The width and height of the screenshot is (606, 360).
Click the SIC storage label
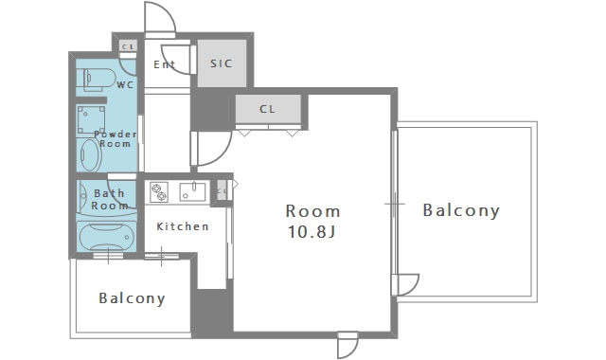point(222,63)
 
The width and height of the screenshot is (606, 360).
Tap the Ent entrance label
point(164,64)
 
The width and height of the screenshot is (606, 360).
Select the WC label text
point(125,84)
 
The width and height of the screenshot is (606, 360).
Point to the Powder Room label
point(116,139)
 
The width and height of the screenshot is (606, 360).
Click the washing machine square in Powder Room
point(91,119)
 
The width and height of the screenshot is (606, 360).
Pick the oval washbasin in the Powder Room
point(90,154)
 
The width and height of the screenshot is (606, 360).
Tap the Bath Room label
point(110,199)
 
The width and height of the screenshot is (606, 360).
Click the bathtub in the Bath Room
point(106,236)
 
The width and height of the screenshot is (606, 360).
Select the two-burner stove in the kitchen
point(159,192)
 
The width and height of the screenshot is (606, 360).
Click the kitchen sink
point(192,191)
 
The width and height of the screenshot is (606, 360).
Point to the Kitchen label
point(183,226)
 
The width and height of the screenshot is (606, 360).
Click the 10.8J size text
point(312,232)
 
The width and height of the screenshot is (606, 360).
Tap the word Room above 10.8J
point(313,211)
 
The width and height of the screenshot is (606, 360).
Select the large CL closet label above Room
point(267,109)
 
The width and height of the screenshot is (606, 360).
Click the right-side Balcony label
point(461,210)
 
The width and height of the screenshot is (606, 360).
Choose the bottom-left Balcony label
point(132,298)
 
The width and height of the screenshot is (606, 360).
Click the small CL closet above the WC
point(128,46)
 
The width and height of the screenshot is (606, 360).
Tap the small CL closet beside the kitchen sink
point(222,190)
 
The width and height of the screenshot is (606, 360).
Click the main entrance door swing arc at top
point(168,12)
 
